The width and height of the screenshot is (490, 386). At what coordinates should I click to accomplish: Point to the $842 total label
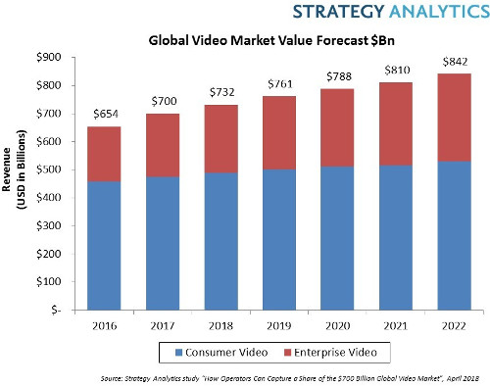[x=451, y=64]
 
